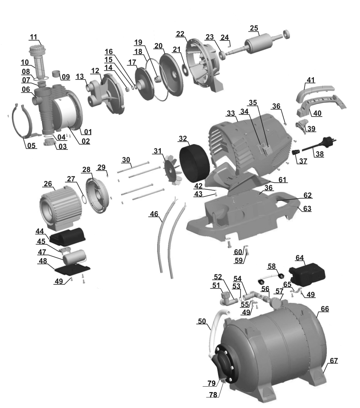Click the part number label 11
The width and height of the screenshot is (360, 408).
click(x=34, y=37)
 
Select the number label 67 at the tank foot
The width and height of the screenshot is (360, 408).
click(x=333, y=361)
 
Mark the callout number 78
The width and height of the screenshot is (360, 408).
click(x=213, y=394)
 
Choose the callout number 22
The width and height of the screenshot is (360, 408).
click(x=180, y=34)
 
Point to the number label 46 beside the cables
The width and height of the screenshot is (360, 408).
click(x=154, y=214)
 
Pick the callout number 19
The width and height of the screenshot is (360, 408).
click(x=138, y=42)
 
